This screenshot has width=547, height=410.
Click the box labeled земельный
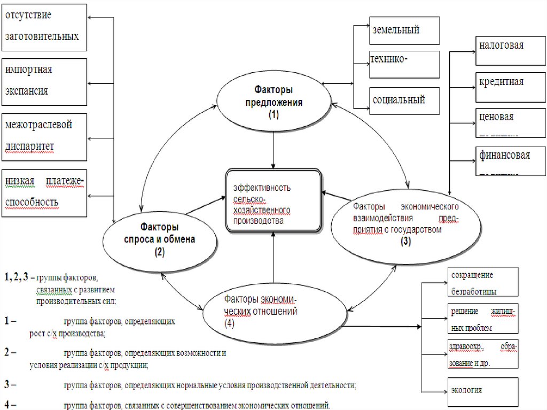[404, 30]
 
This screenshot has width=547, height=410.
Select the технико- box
[404, 65]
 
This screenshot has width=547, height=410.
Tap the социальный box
[404, 100]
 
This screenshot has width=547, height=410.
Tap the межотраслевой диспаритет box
[44, 137]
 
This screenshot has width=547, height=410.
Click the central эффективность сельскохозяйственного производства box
[273, 200]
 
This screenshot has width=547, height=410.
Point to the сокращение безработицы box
[482, 282]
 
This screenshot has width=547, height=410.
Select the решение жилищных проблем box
[482, 319]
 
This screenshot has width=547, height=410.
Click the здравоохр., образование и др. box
[482, 353]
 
